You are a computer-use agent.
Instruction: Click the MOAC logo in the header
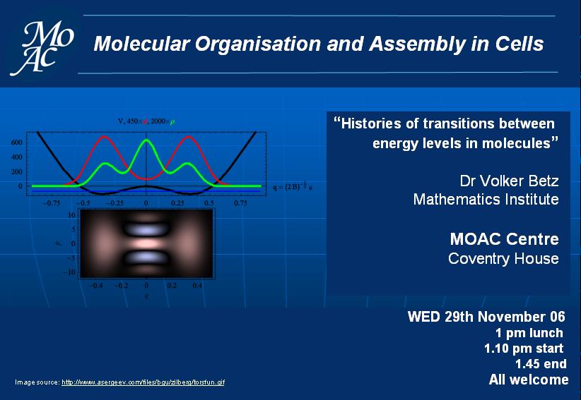click(x=42, y=48)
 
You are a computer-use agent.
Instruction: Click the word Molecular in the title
click(x=141, y=44)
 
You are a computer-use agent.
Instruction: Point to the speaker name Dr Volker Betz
click(x=509, y=181)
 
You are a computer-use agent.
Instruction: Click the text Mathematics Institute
click(x=486, y=199)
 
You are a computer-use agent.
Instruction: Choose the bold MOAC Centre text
click(x=504, y=239)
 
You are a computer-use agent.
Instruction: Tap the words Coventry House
click(x=503, y=258)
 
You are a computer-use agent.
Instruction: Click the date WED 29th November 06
click(x=486, y=317)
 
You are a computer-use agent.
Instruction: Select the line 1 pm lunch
click(x=529, y=333)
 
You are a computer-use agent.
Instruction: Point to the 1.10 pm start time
click(x=524, y=349)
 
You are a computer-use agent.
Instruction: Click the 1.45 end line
click(x=541, y=364)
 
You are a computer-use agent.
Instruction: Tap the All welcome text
click(x=529, y=380)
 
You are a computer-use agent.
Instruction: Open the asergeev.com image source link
click(x=143, y=382)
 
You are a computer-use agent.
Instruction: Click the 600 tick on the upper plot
click(x=17, y=143)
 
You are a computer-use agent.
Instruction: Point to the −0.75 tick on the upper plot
click(x=52, y=203)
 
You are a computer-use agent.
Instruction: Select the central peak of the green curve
click(x=146, y=140)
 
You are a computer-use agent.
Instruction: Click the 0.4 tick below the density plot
click(x=197, y=286)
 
